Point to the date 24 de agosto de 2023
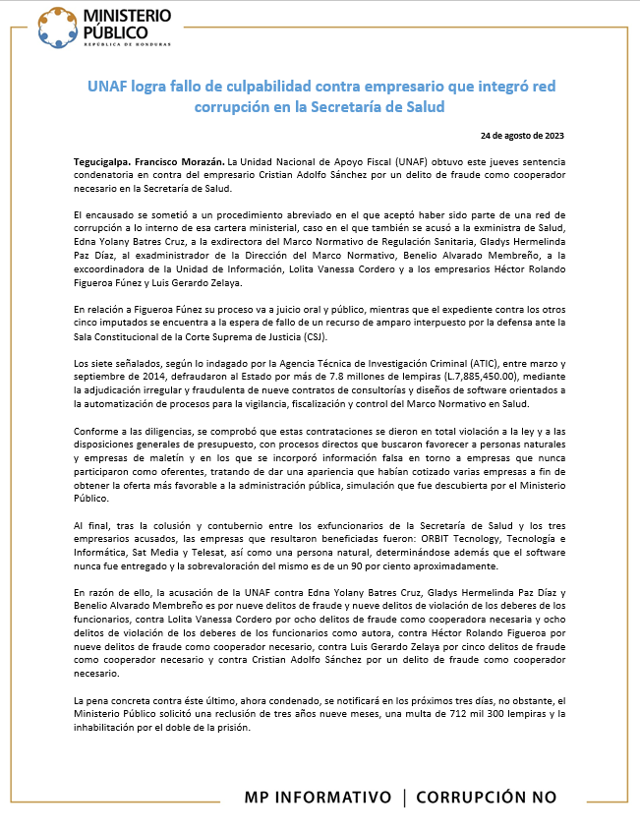[x=522, y=135]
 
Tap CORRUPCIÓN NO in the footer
[x=486, y=796]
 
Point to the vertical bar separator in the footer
[x=404, y=796]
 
